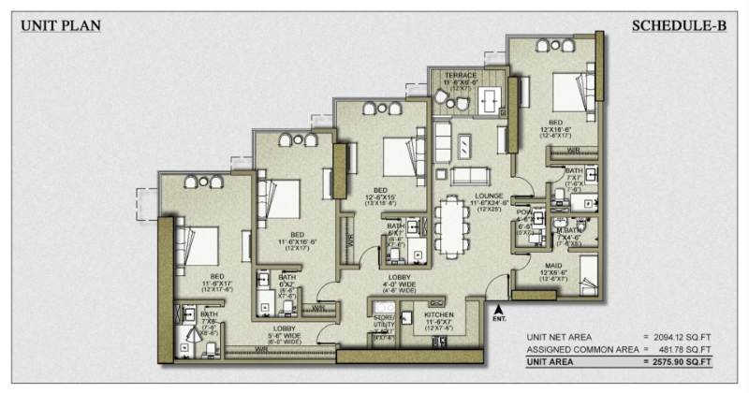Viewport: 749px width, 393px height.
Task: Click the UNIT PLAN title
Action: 61,26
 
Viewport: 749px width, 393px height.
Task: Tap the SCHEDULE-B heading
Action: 680,26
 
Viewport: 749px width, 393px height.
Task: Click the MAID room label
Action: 551,268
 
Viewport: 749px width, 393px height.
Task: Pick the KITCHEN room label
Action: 439,316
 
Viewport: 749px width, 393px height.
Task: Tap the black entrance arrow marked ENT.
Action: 498,308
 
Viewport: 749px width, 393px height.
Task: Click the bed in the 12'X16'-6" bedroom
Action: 567,91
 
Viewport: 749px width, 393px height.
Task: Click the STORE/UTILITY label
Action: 385,321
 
